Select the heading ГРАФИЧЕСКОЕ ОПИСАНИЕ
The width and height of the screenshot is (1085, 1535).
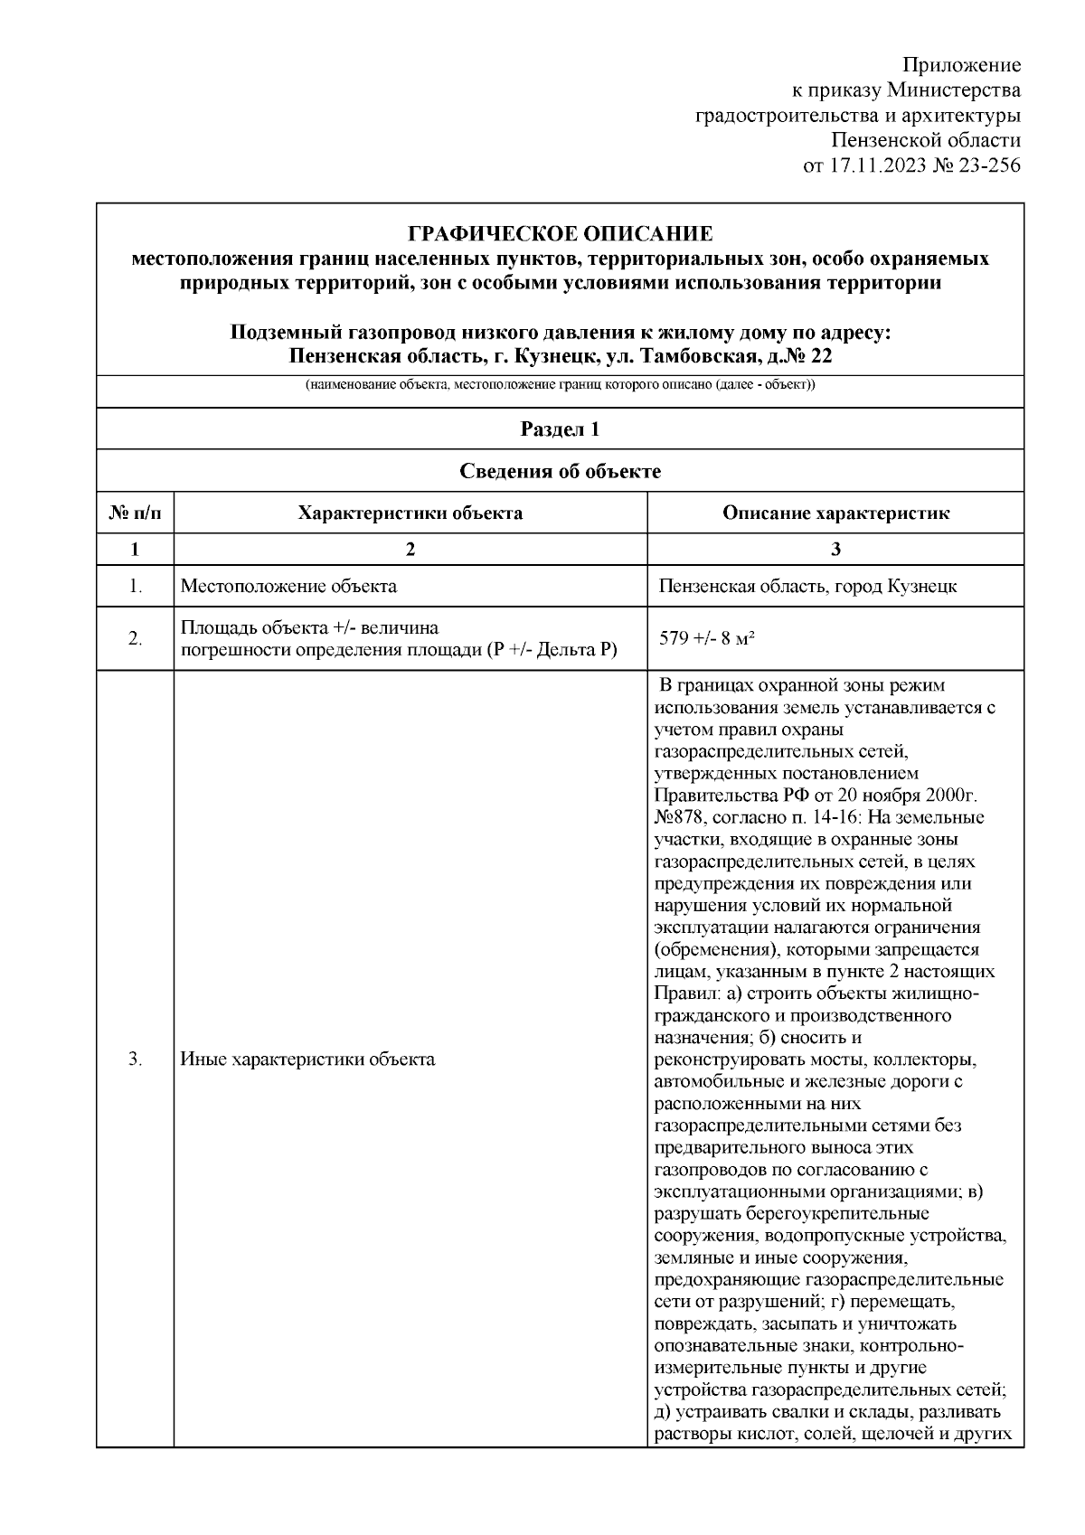coord(560,234)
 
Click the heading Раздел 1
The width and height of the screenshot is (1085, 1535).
coord(560,429)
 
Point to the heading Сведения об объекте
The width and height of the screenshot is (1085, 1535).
coord(560,471)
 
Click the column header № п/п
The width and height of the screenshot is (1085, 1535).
coord(135,513)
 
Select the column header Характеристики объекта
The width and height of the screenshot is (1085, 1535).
coord(410,513)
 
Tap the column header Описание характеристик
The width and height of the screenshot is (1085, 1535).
coord(835,513)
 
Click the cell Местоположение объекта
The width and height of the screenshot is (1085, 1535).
coord(288,586)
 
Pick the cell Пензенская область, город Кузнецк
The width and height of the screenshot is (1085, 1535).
coord(807,586)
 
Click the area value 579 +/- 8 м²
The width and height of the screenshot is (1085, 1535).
coord(707,638)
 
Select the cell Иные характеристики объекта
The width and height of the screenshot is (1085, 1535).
coord(307,1059)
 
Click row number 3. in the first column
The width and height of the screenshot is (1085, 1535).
coord(135,1059)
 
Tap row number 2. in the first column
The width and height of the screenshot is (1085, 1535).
coord(135,639)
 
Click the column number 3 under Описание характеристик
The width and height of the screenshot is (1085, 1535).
coord(835,550)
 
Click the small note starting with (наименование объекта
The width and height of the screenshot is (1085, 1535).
coord(560,385)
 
